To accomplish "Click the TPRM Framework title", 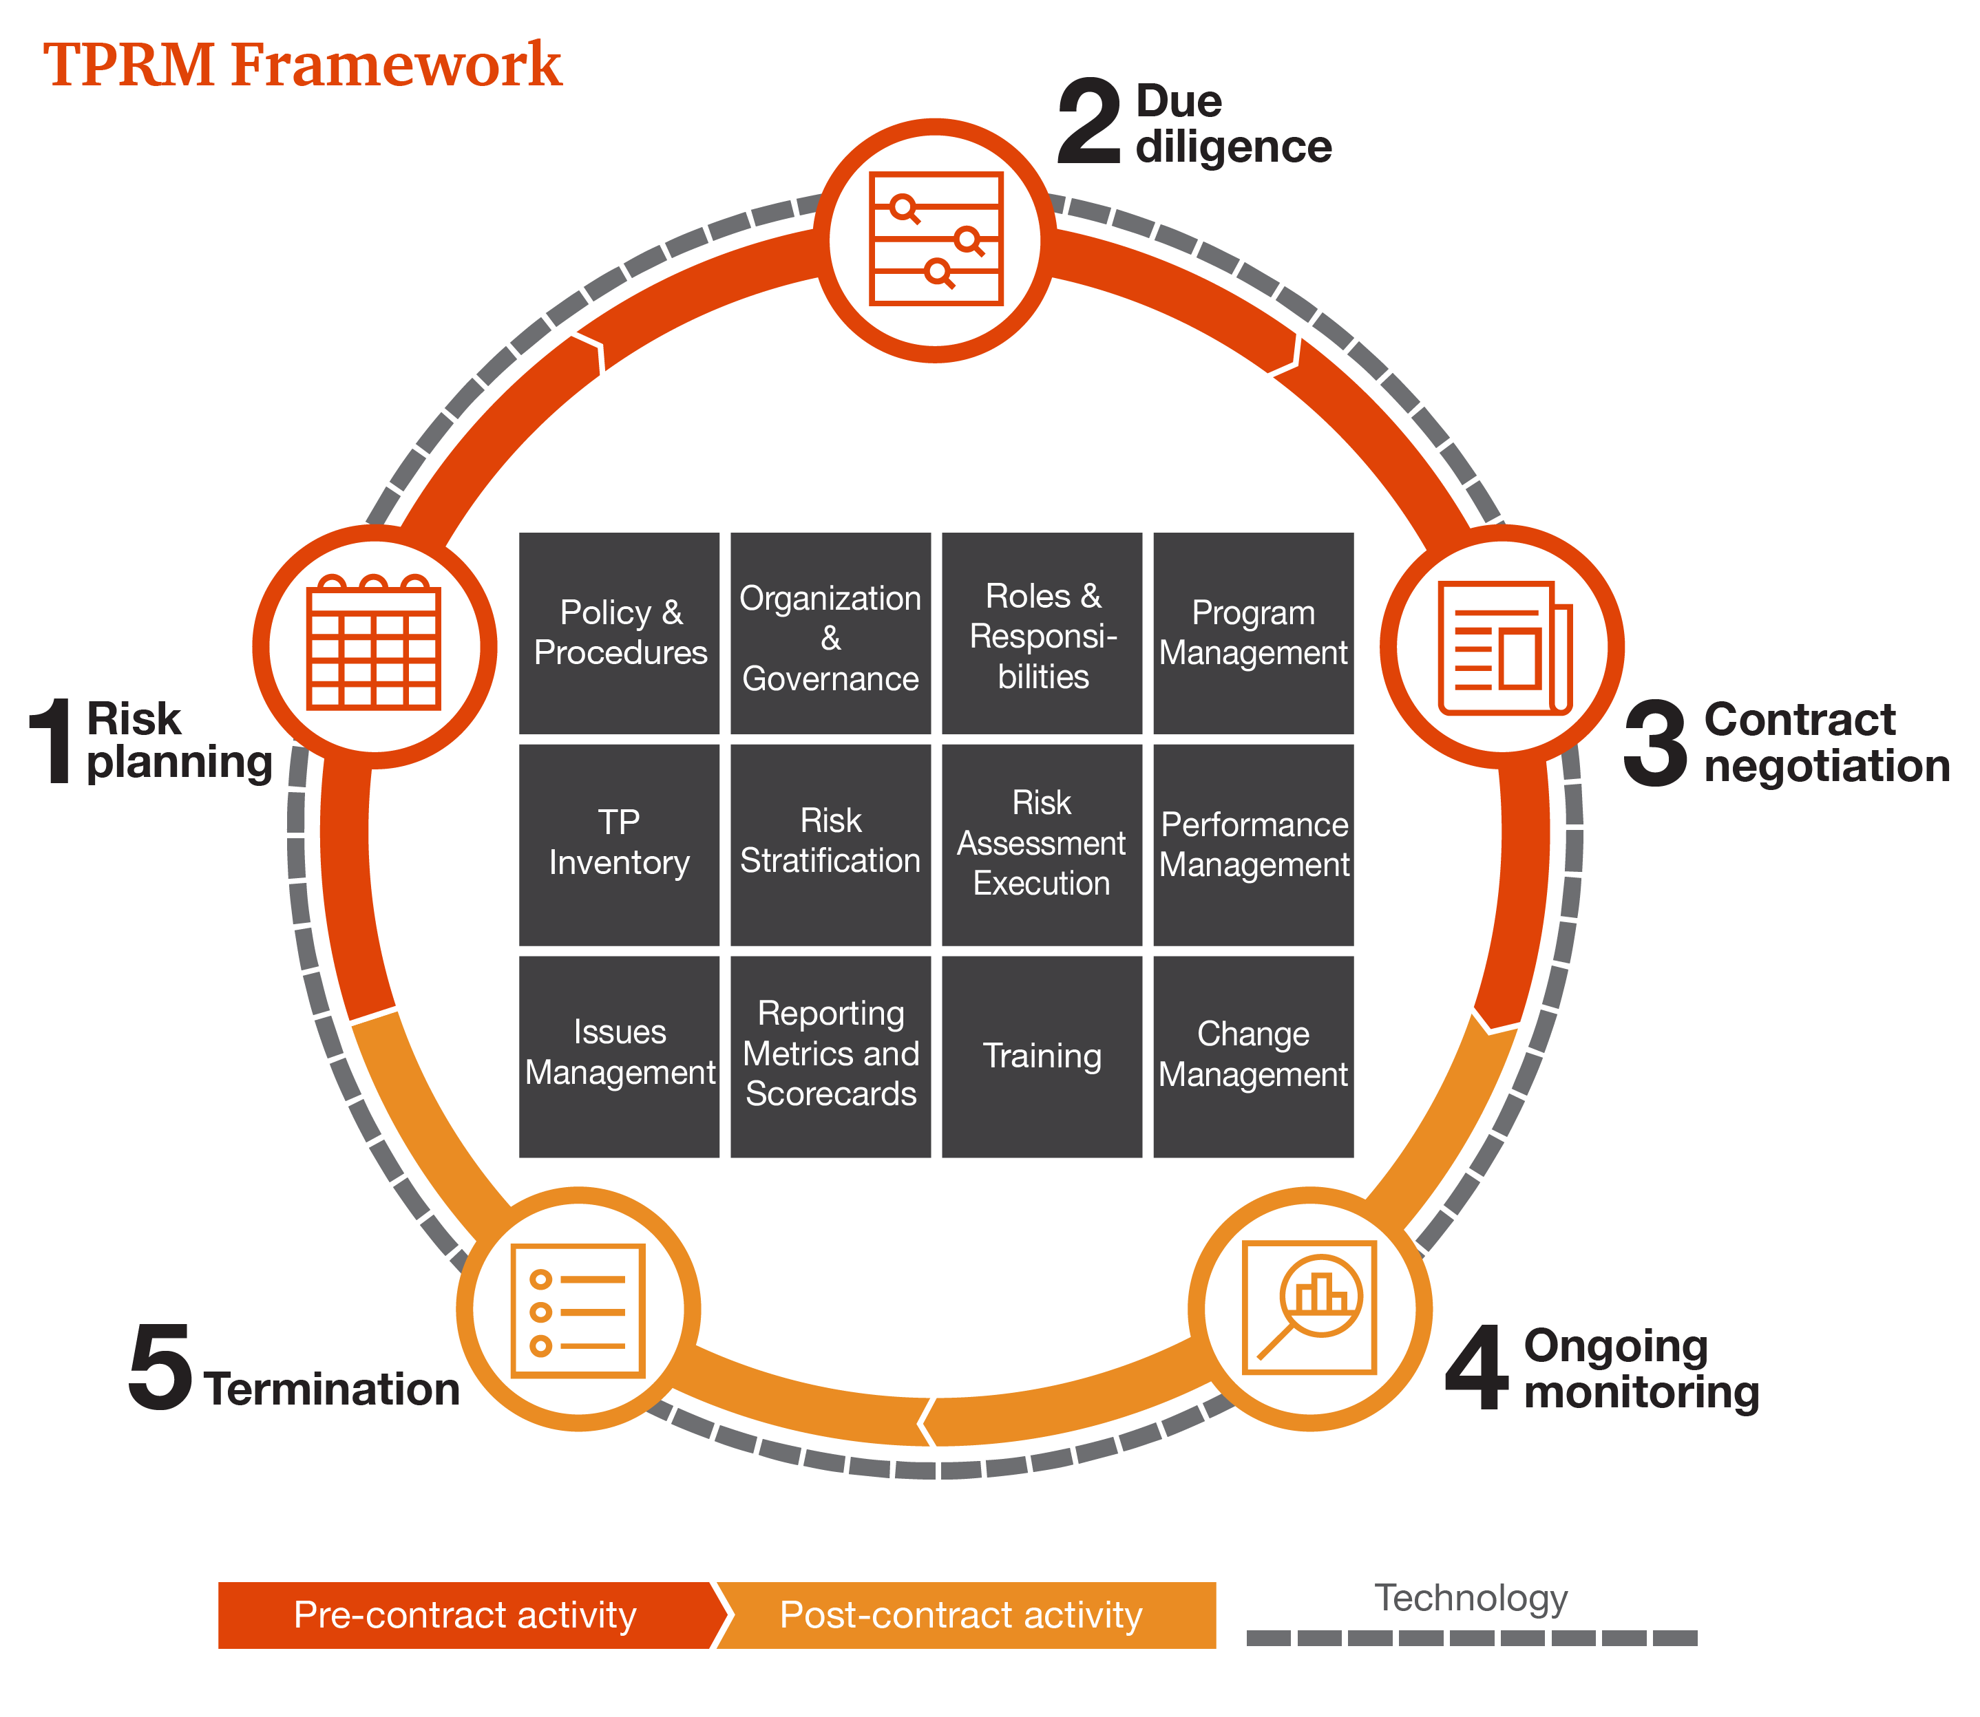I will tap(302, 65).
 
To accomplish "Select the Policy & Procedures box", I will tap(619, 633).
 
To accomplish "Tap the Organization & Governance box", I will tap(830, 633).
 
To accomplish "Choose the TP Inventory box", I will tap(619, 844).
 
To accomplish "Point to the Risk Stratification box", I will tap(830, 844).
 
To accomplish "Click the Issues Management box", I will tap(619, 1056).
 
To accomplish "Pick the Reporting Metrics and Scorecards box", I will tap(830, 1056).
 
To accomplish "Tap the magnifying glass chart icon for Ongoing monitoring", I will tap(1309, 1308).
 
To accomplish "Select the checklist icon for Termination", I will tap(578, 1310).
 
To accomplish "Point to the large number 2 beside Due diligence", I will tap(1090, 122).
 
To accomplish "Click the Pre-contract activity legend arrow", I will tap(466, 1614).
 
